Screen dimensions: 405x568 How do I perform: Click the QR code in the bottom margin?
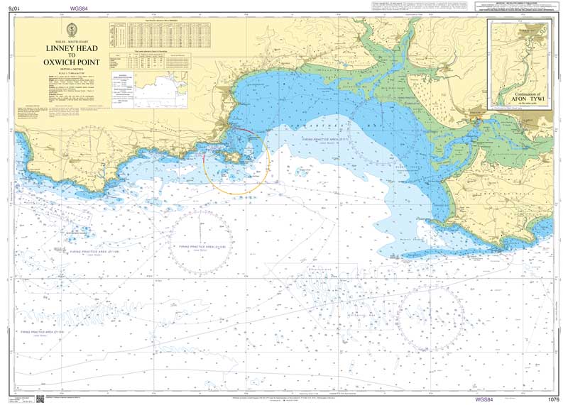point(40,399)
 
